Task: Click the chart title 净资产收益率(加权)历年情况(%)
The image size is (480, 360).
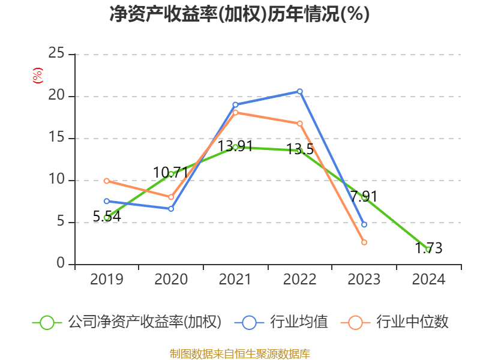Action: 239,14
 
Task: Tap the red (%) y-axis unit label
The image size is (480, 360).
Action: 37,76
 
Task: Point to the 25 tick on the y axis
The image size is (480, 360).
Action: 56,54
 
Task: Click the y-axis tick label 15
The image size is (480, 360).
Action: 56,138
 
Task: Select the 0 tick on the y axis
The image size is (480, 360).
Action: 61,264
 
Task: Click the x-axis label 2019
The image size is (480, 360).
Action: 107,280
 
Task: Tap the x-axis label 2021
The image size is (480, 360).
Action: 235,280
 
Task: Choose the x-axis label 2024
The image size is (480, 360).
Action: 428,280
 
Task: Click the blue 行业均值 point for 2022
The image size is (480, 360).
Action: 300,91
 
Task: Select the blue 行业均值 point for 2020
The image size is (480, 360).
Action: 171,209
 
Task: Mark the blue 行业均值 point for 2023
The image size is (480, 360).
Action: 364,224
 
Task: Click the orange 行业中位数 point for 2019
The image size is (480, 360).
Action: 107,181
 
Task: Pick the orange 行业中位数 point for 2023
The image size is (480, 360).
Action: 364,242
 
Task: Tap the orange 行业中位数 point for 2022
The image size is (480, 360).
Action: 300,123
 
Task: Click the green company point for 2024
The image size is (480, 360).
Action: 428,249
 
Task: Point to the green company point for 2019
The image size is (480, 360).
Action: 107,218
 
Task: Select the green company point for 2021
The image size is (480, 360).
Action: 235,147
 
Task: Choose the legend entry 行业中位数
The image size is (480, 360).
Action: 396,322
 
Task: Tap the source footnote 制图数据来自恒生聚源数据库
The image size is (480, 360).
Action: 239,353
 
